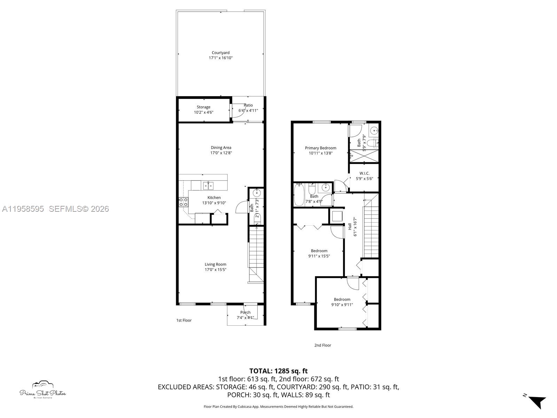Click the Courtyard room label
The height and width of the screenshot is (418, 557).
(220, 53)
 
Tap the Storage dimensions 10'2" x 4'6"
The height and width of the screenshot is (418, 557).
(203, 113)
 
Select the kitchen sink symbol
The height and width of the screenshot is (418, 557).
(209, 186)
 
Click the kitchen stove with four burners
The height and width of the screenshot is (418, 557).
(183, 202)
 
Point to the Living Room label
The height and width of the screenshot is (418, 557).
(215, 264)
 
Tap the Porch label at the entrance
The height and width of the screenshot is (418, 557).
(245, 312)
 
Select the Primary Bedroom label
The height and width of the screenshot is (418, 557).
(320, 148)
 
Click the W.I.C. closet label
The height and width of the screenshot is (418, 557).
(364, 173)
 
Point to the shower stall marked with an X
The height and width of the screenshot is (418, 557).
(364, 156)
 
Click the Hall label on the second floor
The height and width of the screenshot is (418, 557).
(350, 226)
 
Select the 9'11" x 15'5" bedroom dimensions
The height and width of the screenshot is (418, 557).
(319, 256)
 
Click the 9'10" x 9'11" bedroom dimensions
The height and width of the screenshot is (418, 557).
(342, 305)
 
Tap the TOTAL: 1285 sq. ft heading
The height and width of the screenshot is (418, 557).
(278, 371)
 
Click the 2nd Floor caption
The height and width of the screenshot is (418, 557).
(322, 345)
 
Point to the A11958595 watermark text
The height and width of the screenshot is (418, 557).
(23, 209)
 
